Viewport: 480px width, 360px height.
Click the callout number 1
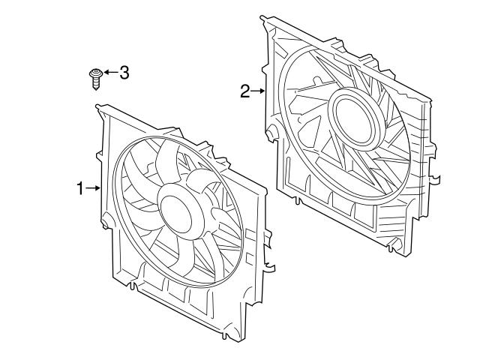(80, 189)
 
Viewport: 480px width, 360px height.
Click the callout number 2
(244, 91)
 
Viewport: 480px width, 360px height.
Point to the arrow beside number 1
(94, 189)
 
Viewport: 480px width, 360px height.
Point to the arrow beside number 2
(258, 91)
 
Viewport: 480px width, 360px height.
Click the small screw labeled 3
(94, 76)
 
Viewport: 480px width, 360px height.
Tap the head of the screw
(94, 73)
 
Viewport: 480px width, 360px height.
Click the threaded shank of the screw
(95, 82)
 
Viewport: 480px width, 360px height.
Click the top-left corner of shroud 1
(100, 109)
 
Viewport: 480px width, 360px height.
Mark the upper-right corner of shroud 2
(433, 97)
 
